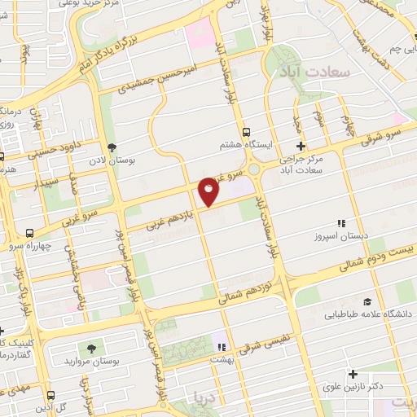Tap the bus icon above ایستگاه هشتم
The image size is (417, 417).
tap(246, 131)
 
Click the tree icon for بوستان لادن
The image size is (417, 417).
tap(112, 147)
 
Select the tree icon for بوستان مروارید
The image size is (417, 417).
tap(90, 348)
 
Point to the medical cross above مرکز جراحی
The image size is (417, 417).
tap(301, 147)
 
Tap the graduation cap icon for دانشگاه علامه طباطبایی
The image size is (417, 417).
tap(367, 301)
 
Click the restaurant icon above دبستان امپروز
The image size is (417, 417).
tap(341, 223)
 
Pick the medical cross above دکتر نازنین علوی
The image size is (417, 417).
tap(352, 375)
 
